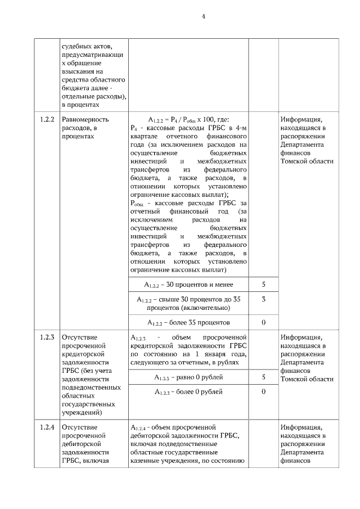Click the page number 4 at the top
204,16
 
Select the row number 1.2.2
47,120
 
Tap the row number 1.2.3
47,337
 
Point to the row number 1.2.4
47,427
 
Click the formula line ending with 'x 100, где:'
188,120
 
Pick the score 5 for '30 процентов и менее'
263,285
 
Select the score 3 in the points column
263,299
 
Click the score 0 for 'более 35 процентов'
263,322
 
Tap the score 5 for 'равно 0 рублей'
263,377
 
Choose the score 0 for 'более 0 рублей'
263,391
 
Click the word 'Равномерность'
85,120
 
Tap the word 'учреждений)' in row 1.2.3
82,412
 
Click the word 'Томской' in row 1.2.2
293,161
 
